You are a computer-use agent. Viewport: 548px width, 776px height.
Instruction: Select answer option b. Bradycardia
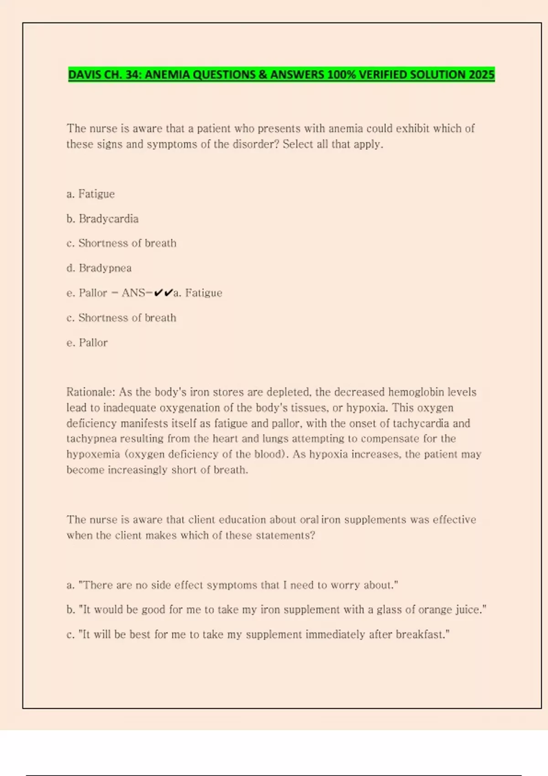point(102,219)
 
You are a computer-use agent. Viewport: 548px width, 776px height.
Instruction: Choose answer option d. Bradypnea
point(99,268)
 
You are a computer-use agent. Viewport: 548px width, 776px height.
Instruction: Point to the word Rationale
point(90,392)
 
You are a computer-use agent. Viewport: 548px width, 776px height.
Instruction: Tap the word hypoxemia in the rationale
point(93,454)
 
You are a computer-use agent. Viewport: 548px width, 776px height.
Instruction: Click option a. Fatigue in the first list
point(90,194)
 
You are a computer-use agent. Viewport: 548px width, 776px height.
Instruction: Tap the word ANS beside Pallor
point(133,293)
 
